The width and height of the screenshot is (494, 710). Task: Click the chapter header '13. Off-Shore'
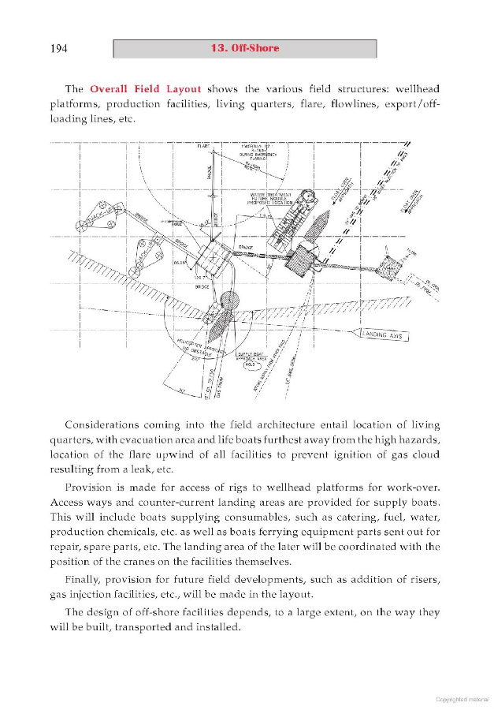coord(245,49)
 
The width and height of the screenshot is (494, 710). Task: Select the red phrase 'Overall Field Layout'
coord(146,88)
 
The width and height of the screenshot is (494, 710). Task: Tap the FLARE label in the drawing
coord(202,146)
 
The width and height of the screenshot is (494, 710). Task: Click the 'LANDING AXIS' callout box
coord(382,335)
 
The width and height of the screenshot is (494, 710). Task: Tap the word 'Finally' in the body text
coord(86,579)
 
